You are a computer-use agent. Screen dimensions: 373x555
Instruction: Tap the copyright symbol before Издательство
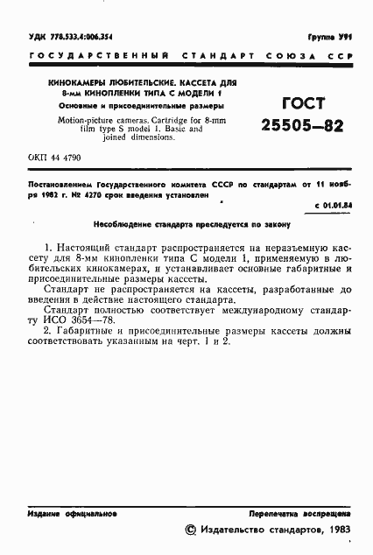click(x=192, y=531)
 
